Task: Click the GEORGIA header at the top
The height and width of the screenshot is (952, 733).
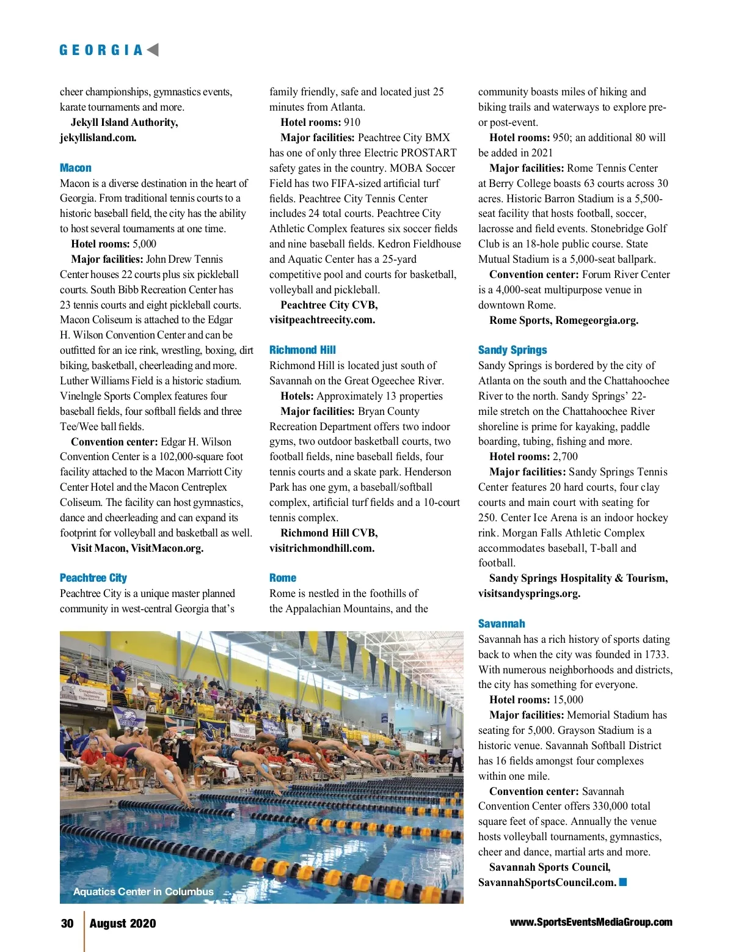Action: coord(101,50)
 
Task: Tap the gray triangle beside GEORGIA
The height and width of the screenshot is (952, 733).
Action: coord(153,50)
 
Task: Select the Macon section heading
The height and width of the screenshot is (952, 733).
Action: coord(76,168)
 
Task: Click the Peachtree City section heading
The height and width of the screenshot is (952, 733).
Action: coord(93,578)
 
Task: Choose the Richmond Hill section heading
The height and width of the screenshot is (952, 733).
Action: coord(302,350)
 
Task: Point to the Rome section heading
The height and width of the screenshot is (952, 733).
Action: coord(283,578)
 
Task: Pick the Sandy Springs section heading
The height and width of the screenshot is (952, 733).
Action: coord(512,350)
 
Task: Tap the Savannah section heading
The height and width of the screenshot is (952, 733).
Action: coord(501,624)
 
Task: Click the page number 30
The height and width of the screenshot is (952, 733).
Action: coord(67,923)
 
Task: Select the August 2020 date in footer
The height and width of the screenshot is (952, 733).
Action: coord(123,923)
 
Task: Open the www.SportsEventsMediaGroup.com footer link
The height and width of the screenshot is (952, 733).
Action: coord(591,922)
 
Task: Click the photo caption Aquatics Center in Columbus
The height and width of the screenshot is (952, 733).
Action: coord(144,892)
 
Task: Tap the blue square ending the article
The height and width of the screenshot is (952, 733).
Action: coord(623,882)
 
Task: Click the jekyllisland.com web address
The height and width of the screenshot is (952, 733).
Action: coord(98,137)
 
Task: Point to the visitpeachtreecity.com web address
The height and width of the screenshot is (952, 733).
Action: coord(323,320)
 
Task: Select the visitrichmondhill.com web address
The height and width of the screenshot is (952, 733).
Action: coord(322,548)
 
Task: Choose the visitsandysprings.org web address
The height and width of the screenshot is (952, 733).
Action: coord(529,593)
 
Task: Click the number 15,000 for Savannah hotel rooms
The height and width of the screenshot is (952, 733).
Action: coord(567,700)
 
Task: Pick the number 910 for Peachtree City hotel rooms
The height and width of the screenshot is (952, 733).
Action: coord(352,122)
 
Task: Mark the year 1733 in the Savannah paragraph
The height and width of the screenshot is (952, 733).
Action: coord(656,654)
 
